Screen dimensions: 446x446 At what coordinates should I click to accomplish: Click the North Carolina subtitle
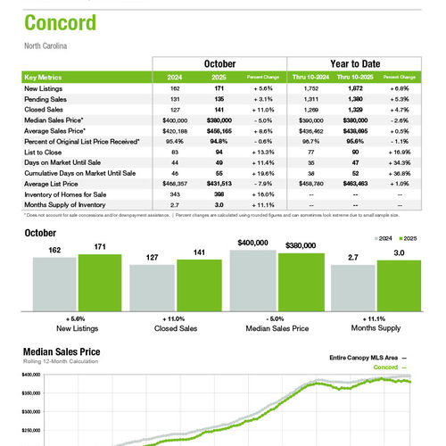46,45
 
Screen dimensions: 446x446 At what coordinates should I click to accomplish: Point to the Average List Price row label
52,183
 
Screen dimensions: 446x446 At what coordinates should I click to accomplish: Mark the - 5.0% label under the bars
276,318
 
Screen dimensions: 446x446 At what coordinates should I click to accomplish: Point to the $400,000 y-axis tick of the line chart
29,376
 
